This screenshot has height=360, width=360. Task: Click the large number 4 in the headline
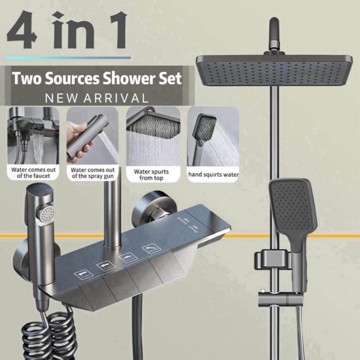(x=22, y=31)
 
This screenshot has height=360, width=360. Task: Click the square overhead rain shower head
(x=274, y=70)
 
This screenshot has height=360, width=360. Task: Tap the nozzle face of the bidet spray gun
(x=47, y=213)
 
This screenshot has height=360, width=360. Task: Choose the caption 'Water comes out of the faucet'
(x=33, y=173)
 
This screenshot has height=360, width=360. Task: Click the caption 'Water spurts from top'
(x=151, y=175)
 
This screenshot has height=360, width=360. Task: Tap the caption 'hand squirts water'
(x=213, y=174)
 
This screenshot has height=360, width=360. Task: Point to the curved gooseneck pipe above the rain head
(x=274, y=33)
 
